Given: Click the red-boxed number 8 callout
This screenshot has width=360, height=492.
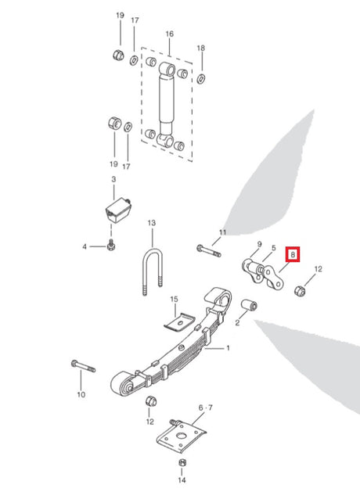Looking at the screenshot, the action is [x=293, y=254].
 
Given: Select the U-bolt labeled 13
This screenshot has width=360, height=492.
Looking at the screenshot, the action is [x=153, y=270].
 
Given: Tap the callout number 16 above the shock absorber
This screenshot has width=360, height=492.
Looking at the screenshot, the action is [x=170, y=34].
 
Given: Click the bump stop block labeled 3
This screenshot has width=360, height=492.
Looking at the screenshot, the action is [x=117, y=210].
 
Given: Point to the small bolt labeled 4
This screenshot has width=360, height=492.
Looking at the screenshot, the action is [x=111, y=245].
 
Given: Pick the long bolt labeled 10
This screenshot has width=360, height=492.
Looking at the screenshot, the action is [x=83, y=366].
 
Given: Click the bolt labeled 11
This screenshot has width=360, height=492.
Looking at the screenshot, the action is [x=209, y=251].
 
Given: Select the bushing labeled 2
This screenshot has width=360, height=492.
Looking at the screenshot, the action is [x=249, y=306].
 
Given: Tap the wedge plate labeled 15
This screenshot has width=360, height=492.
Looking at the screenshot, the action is [x=179, y=321].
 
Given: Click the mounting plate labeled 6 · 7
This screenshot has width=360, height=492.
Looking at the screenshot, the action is [x=181, y=436].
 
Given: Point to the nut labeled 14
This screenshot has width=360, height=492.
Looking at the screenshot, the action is [x=182, y=462].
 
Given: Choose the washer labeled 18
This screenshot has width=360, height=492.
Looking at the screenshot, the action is [x=201, y=78].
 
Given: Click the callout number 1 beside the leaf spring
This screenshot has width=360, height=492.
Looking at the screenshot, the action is [x=229, y=348].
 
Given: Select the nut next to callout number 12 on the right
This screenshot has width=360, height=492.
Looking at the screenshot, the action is [x=300, y=291].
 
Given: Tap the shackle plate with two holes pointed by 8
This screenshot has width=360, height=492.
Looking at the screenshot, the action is [x=273, y=278].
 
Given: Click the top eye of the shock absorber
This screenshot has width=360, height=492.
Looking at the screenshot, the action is [x=167, y=69].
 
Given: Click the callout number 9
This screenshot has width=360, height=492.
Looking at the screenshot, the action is [x=259, y=244].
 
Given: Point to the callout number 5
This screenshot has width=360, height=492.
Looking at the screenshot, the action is [x=274, y=248].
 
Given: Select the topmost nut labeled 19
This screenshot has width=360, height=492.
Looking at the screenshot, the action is [x=118, y=55].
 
